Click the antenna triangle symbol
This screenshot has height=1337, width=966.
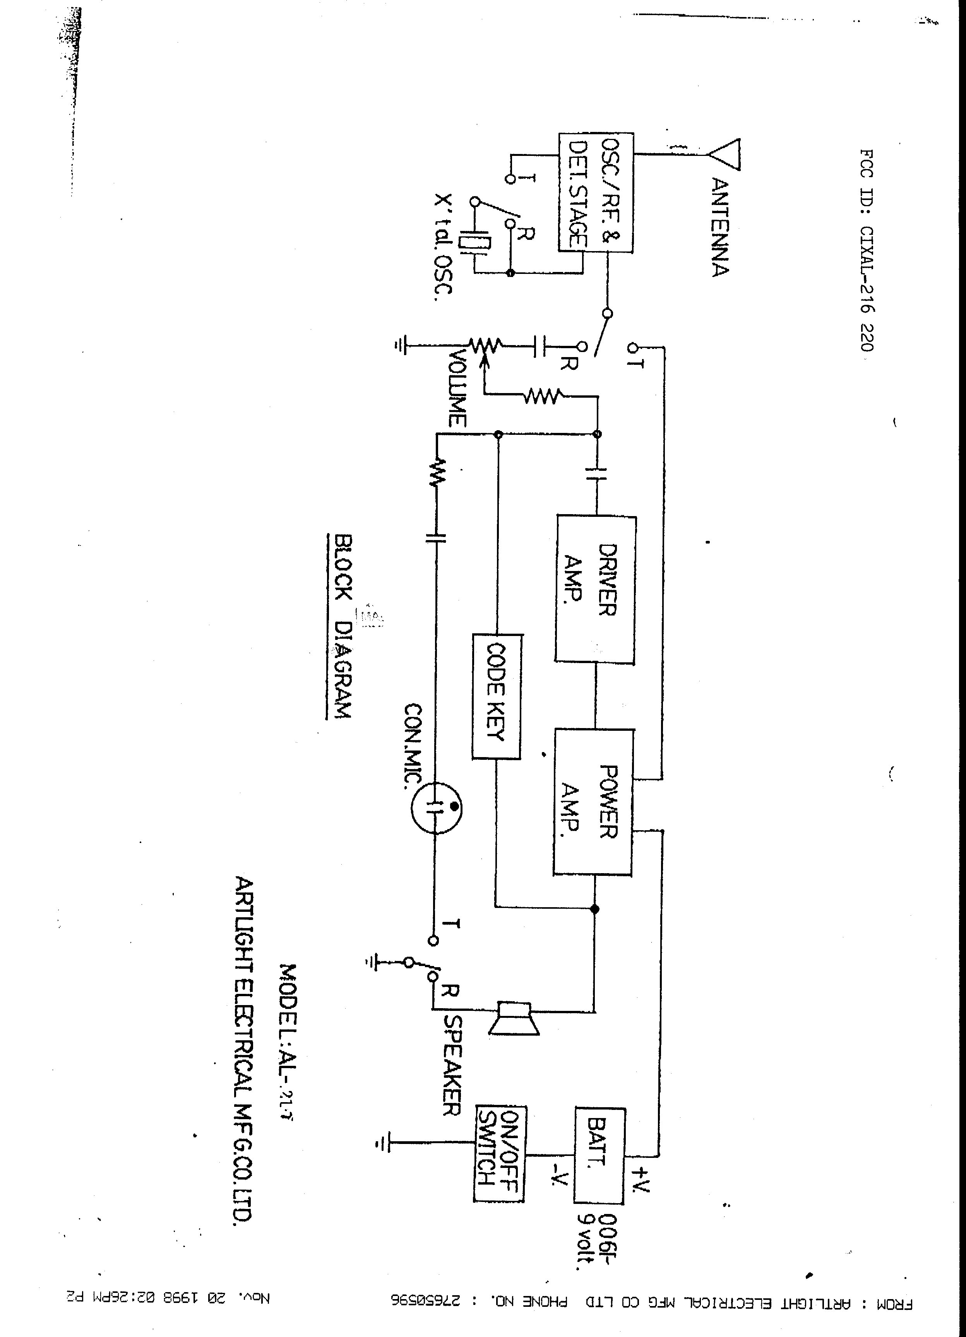pyautogui.click(x=724, y=154)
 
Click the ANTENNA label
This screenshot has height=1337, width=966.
pyautogui.click(x=719, y=227)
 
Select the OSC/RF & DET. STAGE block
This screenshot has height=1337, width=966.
pyautogui.click(x=596, y=193)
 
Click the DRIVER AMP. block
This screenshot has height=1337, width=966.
pyautogui.click(x=595, y=589)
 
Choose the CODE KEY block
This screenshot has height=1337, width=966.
pyautogui.click(x=496, y=696)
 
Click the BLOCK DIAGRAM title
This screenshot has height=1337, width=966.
pyautogui.click(x=343, y=626)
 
